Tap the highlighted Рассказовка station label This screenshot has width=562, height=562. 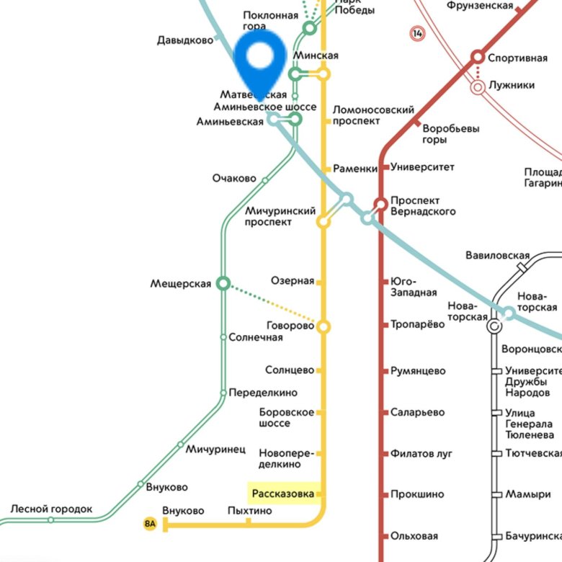tap(283, 494)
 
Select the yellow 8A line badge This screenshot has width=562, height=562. tap(150, 524)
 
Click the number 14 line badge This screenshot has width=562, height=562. tap(416, 32)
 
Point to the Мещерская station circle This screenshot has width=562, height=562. tap(223, 284)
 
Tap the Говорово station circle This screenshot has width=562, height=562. tap(324, 327)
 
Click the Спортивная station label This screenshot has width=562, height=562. tap(517, 58)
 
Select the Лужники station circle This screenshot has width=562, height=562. tap(477, 86)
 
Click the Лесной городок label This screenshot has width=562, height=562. tap(51, 509)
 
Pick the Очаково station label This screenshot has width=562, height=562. tap(234, 178)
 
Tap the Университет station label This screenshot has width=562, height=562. tap(423, 167)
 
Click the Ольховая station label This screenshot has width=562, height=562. tap(414, 536)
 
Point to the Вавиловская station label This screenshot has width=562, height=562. tap(497, 255)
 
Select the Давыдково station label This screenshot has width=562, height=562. tap(185, 40)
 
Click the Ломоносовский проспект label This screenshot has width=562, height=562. tap(373, 115)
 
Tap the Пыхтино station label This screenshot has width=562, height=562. tap(249, 510)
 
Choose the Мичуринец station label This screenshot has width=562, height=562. tap(216, 449)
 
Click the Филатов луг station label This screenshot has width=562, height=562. tap(421, 453)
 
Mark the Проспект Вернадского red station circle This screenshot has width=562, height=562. tap(380, 205)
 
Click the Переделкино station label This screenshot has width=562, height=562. tap(263, 393)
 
